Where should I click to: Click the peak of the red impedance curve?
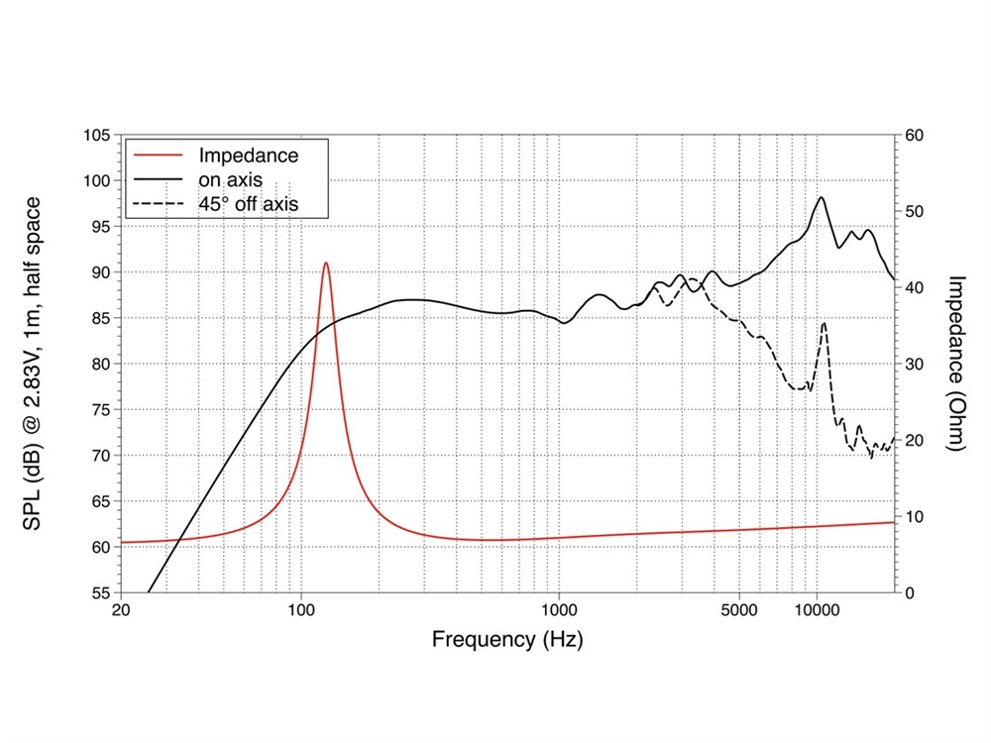pyautogui.click(x=325, y=264)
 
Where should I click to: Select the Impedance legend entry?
pyautogui.click(x=248, y=156)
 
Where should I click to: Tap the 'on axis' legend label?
pyautogui.click(x=230, y=180)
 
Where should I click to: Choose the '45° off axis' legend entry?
pyautogui.click(x=249, y=205)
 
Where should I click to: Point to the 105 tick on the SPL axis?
pyautogui.click(x=96, y=135)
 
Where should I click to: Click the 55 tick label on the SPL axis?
pyautogui.click(x=100, y=593)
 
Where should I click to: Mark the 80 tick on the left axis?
pyautogui.click(x=100, y=364)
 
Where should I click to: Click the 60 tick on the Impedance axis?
pyautogui.click(x=915, y=135)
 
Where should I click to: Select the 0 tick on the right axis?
pyautogui.click(x=911, y=593)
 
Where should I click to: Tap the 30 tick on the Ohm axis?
pyautogui.click(x=915, y=364)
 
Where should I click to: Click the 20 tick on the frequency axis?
pyautogui.click(x=120, y=610)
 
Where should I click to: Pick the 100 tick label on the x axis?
pyautogui.click(x=301, y=610)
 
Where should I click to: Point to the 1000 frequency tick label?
pyautogui.click(x=559, y=610)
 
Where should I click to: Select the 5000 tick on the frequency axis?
pyautogui.click(x=739, y=610)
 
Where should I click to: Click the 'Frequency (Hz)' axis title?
pyautogui.click(x=507, y=640)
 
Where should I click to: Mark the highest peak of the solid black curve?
pyautogui.click(x=822, y=197)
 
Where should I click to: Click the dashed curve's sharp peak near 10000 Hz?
pyautogui.click(x=824, y=323)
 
